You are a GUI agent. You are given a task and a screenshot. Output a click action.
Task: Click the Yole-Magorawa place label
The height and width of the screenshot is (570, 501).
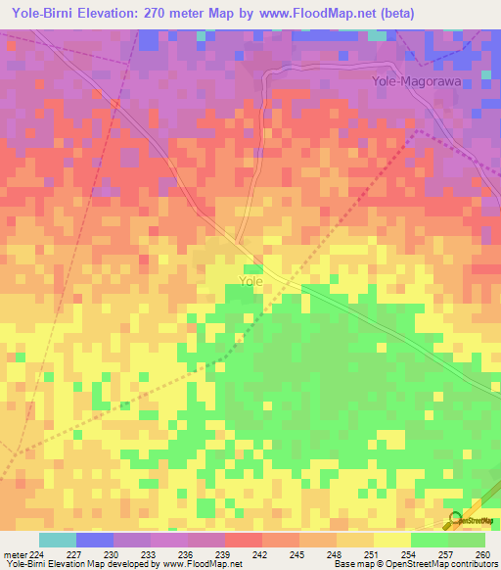pyautogui.click(x=416, y=82)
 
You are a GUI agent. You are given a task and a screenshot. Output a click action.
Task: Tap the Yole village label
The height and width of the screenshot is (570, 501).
pyautogui.click(x=250, y=281)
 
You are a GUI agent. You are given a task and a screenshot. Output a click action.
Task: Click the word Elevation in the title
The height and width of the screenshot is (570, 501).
pyautogui.click(x=107, y=14)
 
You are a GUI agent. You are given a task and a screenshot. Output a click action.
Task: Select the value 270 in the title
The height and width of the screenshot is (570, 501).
pyautogui.click(x=159, y=14)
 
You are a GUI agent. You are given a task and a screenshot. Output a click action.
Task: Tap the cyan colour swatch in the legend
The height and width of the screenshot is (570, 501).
pyautogui.click(x=58, y=540)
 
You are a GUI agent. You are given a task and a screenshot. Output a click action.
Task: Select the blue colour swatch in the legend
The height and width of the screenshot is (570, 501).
pyautogui.click(x=95, y=540)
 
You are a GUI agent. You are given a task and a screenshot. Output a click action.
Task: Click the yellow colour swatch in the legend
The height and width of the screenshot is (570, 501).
pyautogui.click(x=391, y=540)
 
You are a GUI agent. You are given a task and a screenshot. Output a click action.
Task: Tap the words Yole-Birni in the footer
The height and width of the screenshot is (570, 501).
pyautogui.click(x=26, y=564)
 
